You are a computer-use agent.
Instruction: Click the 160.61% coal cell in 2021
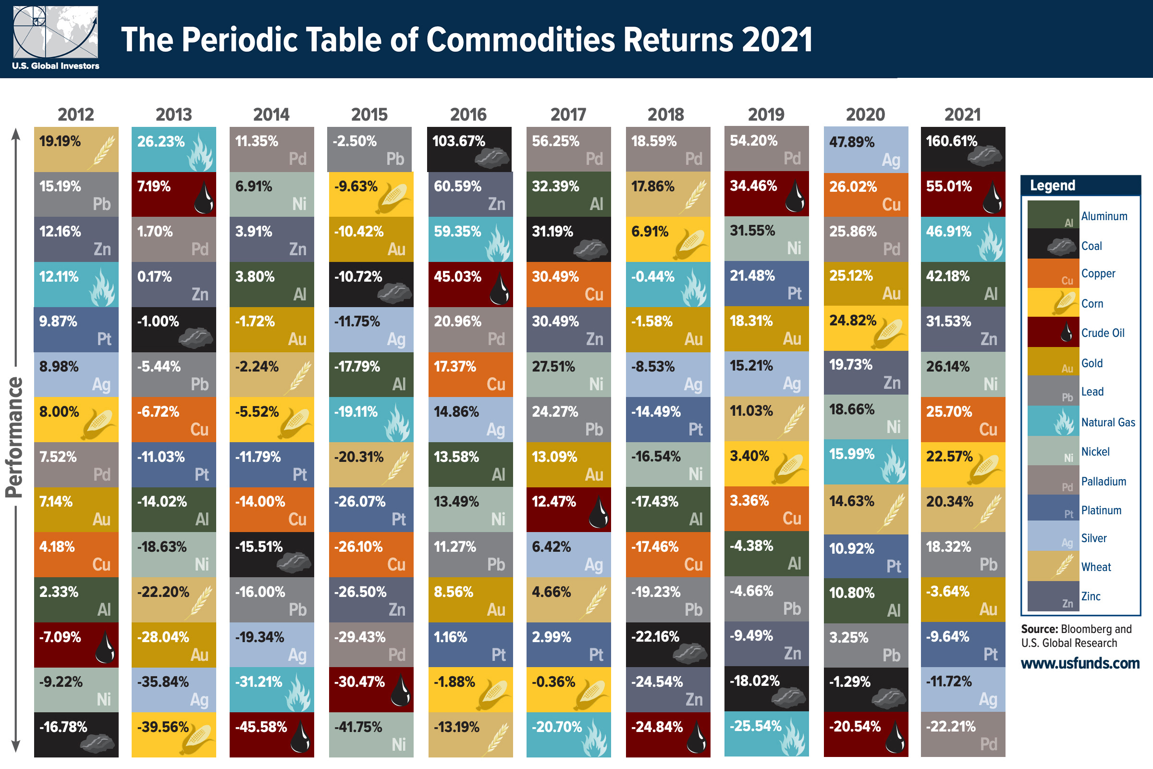point(963,149)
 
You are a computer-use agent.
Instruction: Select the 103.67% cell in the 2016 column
point(469,149)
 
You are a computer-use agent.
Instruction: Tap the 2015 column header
point(369,114)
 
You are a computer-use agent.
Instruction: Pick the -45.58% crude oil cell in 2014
point(271,734)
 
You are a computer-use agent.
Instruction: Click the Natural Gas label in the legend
point(1108,422)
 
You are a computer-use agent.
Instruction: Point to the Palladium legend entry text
point(1104,481)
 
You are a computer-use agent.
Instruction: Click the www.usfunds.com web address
point(1080,663)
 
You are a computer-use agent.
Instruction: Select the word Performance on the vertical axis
point(14,437)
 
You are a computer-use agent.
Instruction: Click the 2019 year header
point(766,114)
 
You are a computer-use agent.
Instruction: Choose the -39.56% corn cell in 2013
point(173,734)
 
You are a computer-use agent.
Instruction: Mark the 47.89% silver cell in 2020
point(866,149)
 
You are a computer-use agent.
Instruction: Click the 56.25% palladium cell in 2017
point(568,149)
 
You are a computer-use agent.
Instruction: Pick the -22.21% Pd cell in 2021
point(963,734)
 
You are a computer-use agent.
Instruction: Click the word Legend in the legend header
point(1052,186)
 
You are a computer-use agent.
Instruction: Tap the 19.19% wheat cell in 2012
point(76,149)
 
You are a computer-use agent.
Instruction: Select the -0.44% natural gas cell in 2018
point(668,285)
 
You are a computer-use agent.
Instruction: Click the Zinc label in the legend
point(1091,596)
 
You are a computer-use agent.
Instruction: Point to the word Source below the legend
point(1039,629)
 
